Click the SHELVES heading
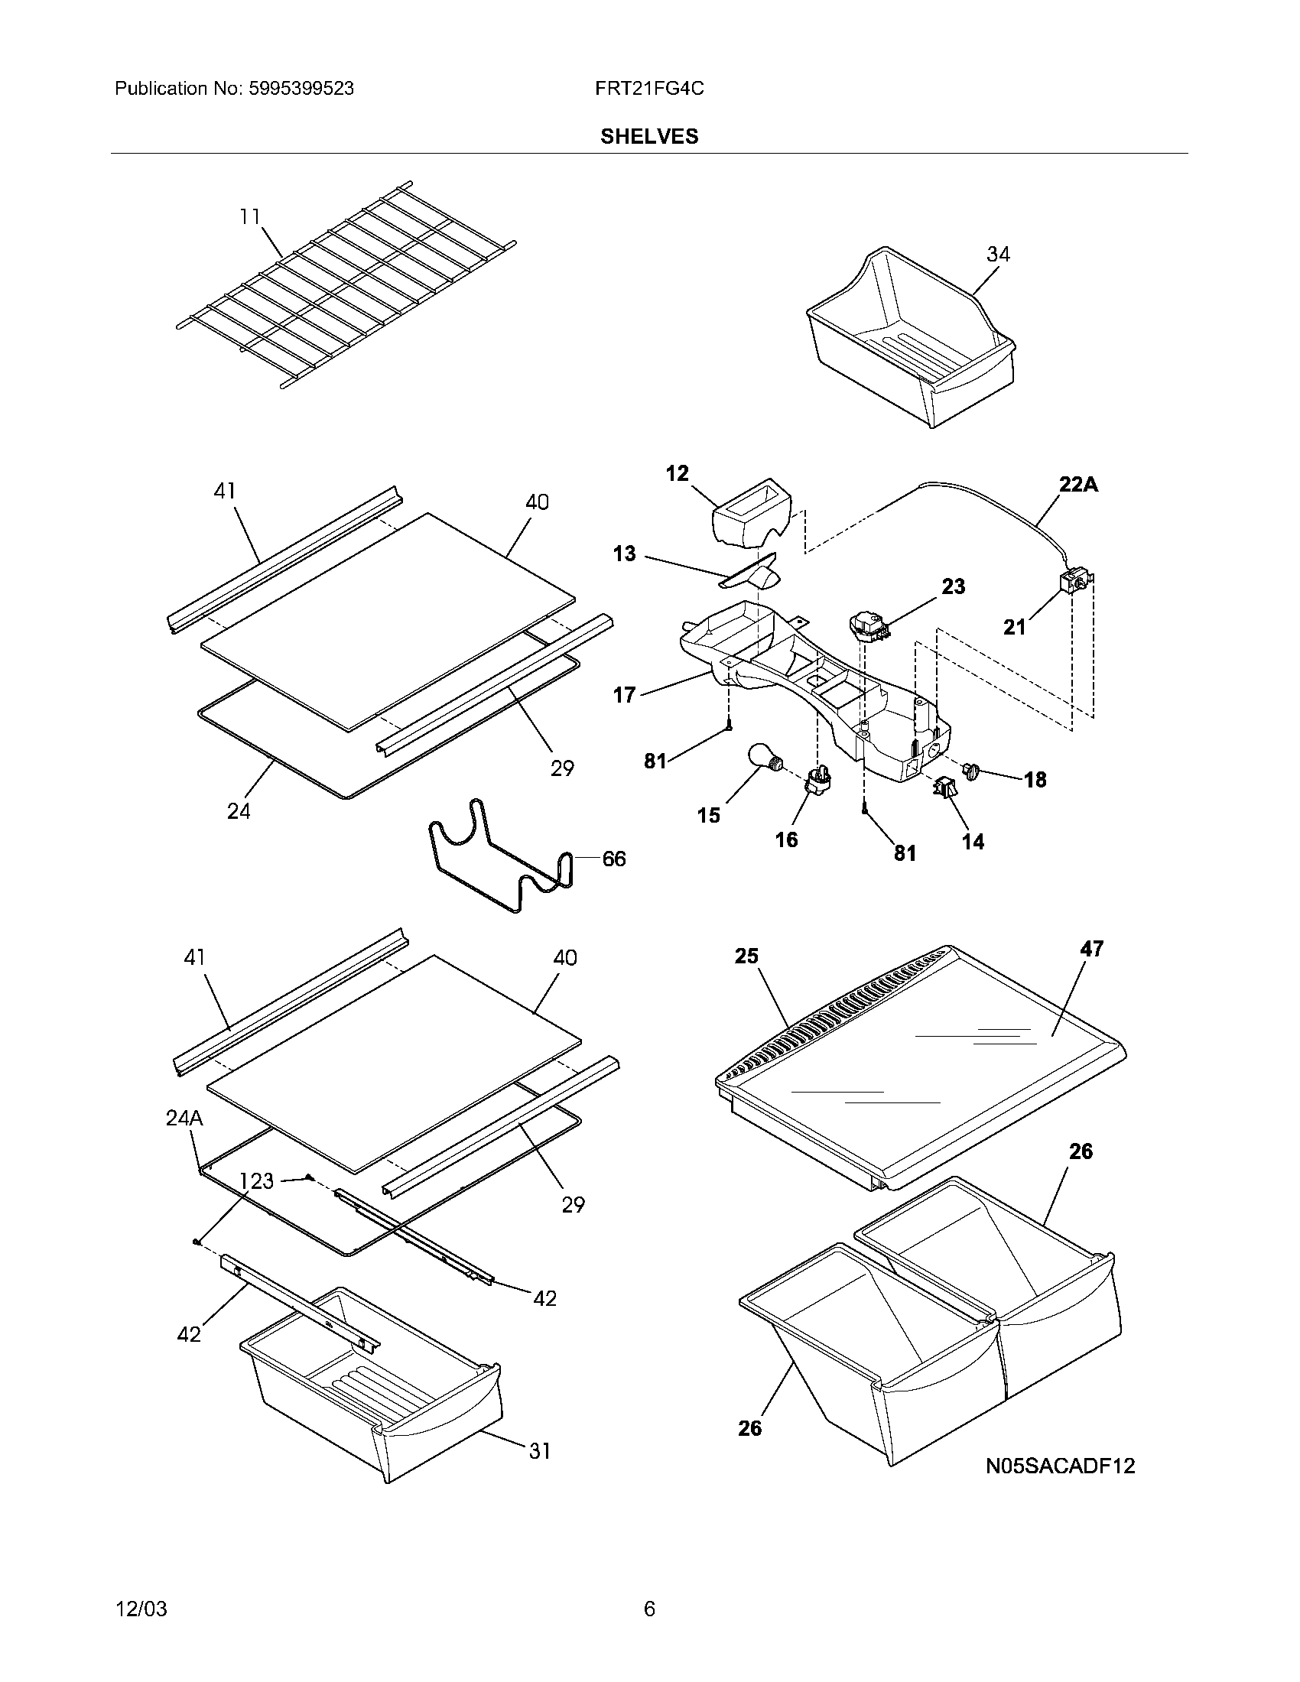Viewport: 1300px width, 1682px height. click(x=649, y=136)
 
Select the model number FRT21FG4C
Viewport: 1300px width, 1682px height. click(x=649, y=89)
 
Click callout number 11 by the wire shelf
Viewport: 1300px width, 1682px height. click(x=249, y=217)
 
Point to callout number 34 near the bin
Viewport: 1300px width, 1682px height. click(x=998, y=253)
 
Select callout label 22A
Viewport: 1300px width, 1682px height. click(x=1078, y=485)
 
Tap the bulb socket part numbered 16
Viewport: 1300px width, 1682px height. click(x=819, y=784)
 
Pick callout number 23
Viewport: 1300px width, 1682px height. click(x=954, y=586)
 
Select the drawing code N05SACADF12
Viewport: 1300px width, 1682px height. click(x=1061, y=1466)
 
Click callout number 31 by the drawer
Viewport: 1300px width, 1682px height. click(x=539, y=1451)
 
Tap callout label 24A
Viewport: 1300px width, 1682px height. click(x=184, y=1119)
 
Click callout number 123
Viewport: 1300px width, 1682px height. click(x=256, y=1180)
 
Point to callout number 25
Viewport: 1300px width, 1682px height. click(x=746, y=956)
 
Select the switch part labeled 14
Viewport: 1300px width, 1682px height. click(x=944, y=787)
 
